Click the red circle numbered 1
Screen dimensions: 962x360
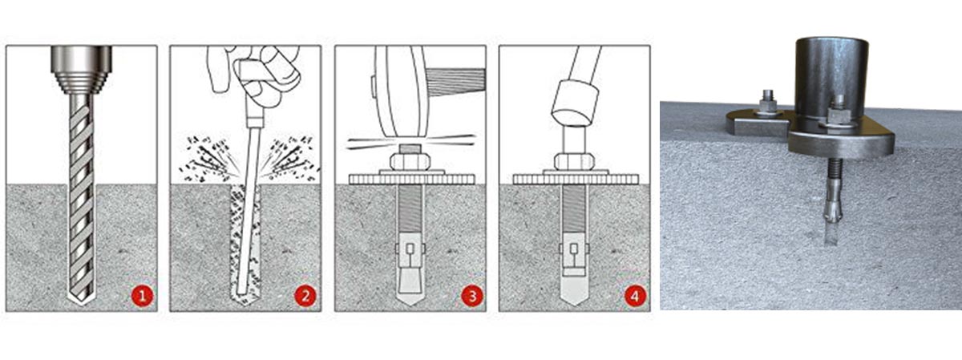click(x=142, y=296)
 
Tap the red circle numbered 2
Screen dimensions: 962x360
click(x=305, y=296)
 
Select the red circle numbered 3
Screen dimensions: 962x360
click(x=472, y=296)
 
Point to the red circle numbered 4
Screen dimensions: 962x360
click(x=635, y=296)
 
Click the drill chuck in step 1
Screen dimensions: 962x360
click(x=82, y=69)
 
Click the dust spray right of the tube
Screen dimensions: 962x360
click(x=293, y=158)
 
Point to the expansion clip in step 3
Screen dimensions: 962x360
click(x=410, y=249)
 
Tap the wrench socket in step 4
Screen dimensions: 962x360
click(x=576, y=103)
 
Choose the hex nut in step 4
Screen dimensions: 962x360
click(x=574, y=161)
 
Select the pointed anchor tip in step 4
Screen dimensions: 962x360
click(x=574, y=297)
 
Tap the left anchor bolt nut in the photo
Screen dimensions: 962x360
click(x=768, y=105)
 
